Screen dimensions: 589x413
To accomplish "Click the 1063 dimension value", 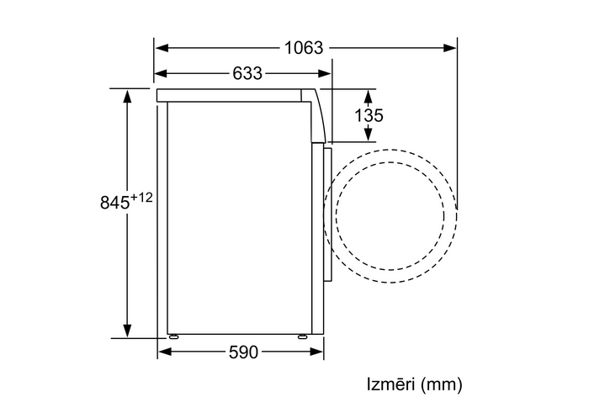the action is click(304, 48).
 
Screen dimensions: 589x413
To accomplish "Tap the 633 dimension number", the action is click(247, 73).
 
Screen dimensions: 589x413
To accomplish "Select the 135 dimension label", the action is click(369, 115).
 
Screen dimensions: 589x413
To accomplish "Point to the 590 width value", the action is click(243, 352).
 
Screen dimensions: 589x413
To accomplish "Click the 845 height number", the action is click(114, 203).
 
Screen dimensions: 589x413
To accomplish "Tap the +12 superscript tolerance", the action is click(141, 198).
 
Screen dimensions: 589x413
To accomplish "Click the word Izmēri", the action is click(390, 384).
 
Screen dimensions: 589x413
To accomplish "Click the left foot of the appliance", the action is click(173, 336).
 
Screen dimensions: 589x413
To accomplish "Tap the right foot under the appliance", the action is click(302, 336).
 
